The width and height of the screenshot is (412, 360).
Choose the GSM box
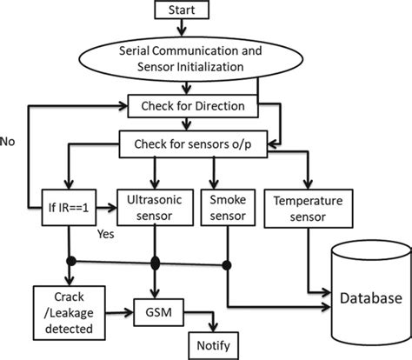[156, 309]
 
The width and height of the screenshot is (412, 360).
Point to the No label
[10, 140]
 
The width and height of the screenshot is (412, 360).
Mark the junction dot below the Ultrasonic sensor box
[156, 262]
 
